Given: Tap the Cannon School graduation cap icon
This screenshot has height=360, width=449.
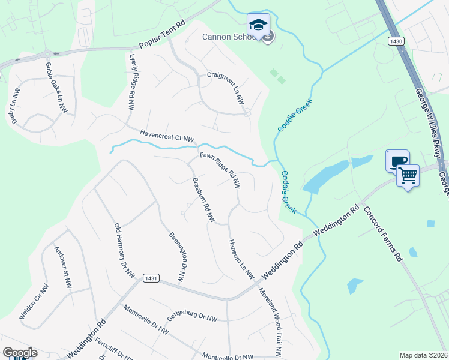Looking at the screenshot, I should (258, 25).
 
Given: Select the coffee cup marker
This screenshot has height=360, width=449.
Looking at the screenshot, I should (397, 161).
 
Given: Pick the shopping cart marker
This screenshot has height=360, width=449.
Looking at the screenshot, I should (408, 176).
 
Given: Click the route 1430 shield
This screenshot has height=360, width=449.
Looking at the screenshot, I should (395, 41).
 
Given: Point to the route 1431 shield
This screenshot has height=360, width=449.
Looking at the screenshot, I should (151, 278).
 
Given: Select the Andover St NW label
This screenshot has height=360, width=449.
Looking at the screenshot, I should (62, 268).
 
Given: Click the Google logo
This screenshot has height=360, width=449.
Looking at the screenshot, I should (20, 353).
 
